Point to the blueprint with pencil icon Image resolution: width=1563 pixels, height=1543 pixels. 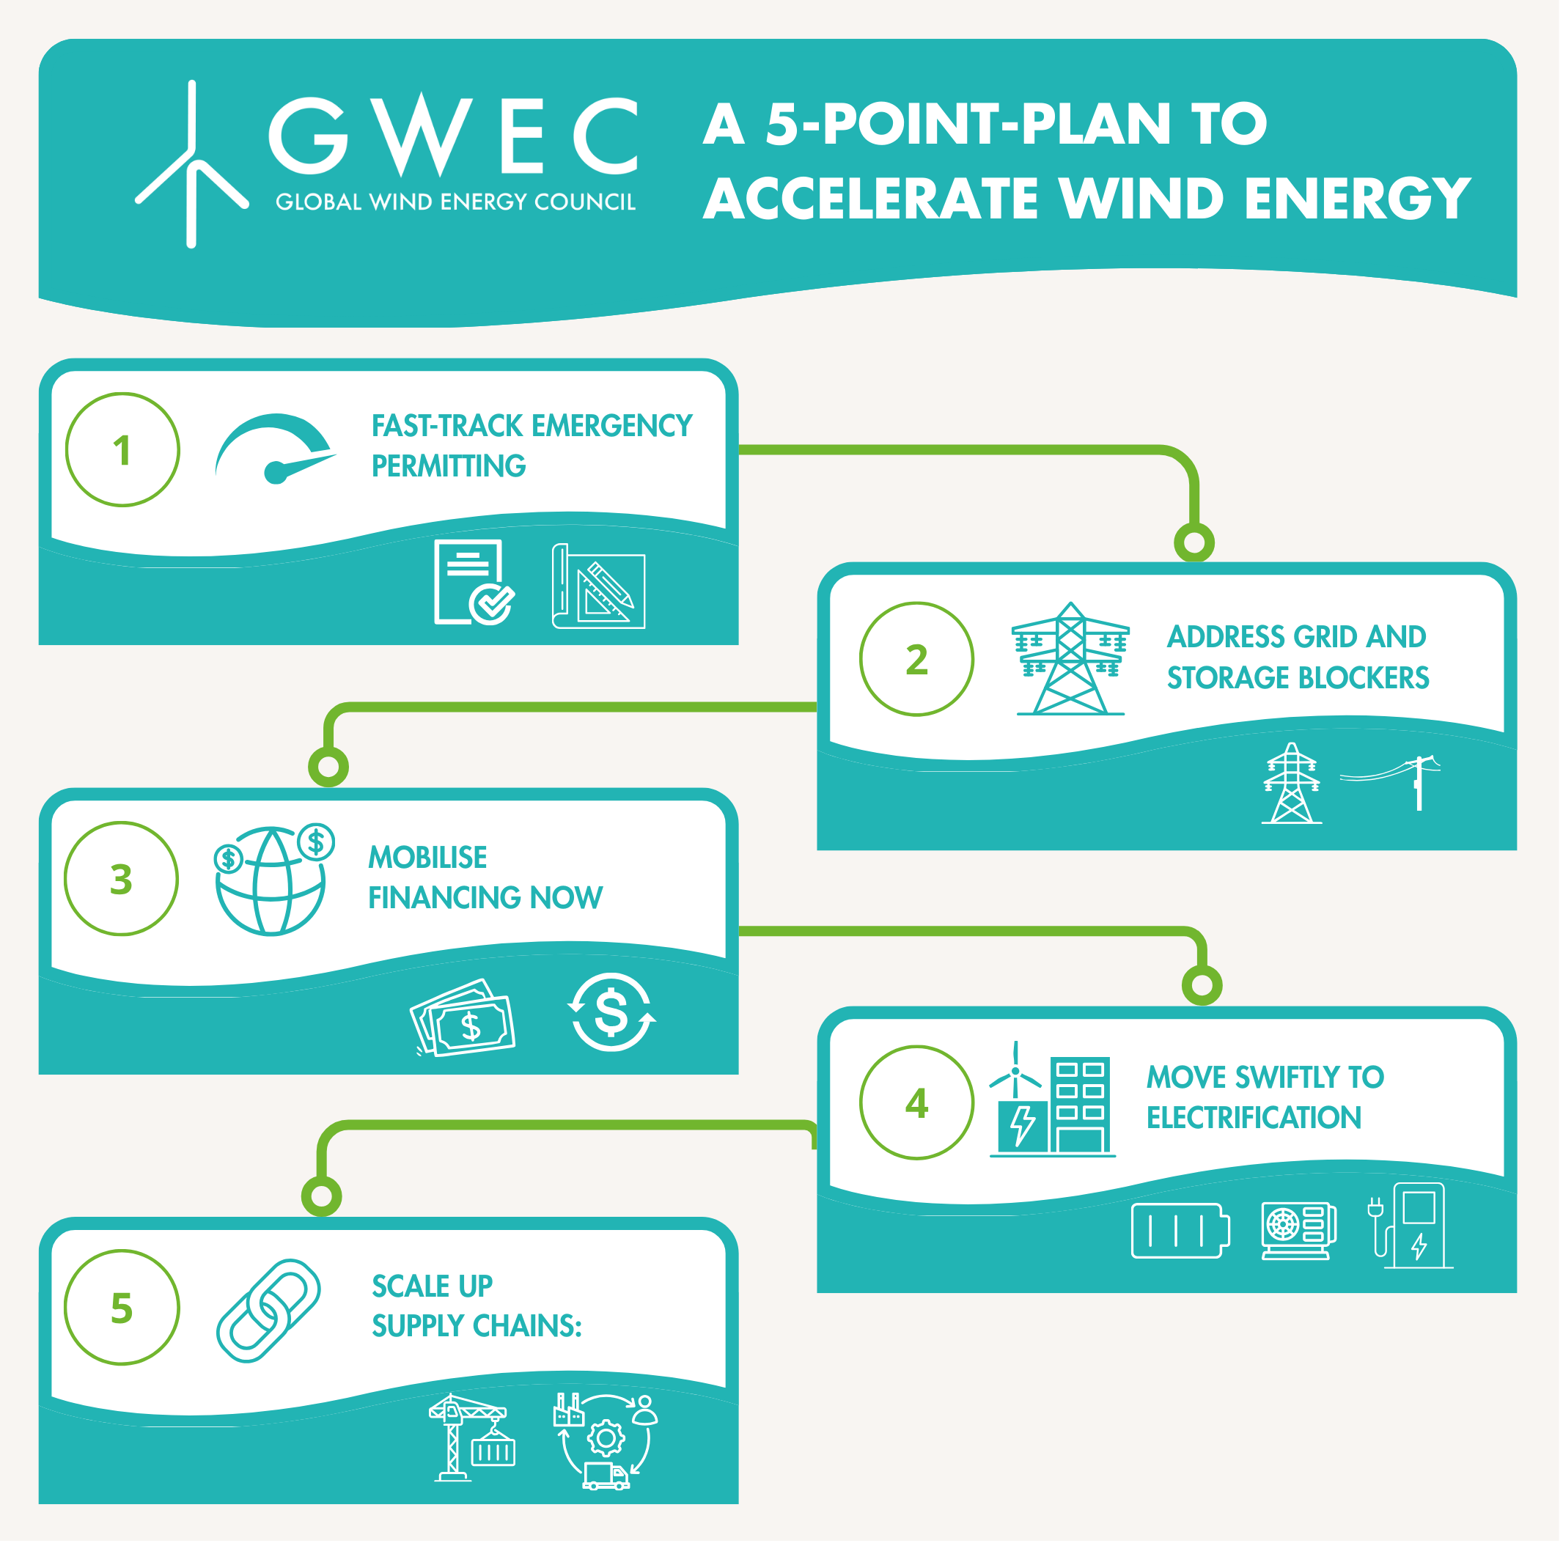(x=600, y=588)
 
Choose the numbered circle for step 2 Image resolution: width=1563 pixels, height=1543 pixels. (x=917, y=660)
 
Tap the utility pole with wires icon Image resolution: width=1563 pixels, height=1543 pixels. (x=1404, y=781)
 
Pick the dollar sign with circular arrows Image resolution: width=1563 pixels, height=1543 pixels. (x=611, y=1012)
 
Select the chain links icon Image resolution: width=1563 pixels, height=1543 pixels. (x=268, y=1310)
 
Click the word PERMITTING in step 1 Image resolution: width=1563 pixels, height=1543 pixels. (x=449, y=467)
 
